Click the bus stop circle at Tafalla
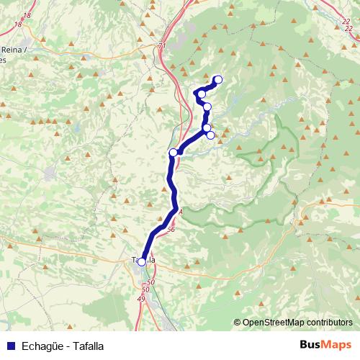point(142,262)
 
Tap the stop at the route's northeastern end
point(218,80)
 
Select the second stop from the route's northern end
point(202,94)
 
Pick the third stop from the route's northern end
point(207,107)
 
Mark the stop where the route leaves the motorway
point(173,152)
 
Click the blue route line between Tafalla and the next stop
point(160,230)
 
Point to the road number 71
point(161,45)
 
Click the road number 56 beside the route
point(171,230)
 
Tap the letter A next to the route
point(181,212)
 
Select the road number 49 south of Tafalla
point(141,298)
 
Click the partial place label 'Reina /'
point(14,49)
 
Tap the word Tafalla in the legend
point(87,346)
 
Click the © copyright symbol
point(238,323)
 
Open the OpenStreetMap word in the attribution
point(275,323)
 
